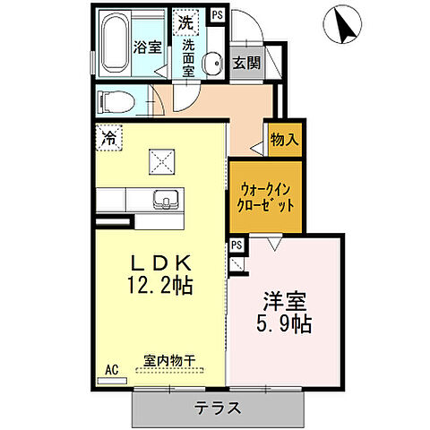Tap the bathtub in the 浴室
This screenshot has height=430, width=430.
tap(115, 46)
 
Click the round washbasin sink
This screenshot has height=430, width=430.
tap(213, 63)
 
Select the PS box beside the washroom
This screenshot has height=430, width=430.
tap(216, 14)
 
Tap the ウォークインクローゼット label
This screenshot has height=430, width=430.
tap(265, 196)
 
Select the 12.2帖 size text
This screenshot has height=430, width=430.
tap(161, 288)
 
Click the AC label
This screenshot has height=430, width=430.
tap(112, 369)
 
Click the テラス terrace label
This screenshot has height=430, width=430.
tap(218, 408)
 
